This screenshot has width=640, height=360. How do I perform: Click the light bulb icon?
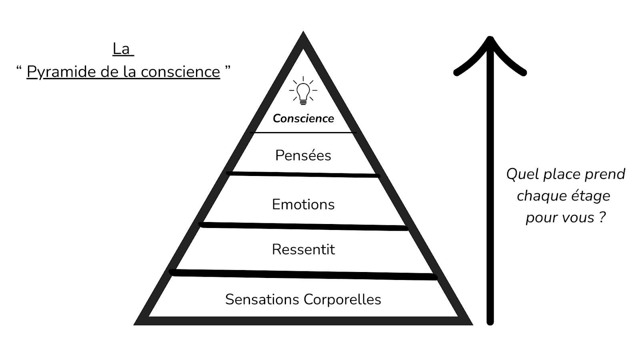(303, 91)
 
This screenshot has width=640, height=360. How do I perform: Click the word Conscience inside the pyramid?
(303, 118)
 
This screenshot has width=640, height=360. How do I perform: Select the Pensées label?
(303, 155)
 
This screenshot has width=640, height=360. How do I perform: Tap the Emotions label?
(303, 204)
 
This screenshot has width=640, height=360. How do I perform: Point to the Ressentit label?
(303, 249)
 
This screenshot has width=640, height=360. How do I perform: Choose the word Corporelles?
(342, 299)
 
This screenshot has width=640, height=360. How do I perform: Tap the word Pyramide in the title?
(62, 72)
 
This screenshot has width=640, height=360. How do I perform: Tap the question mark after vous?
(602, 218)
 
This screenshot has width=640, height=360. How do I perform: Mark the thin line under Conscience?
(303, 132)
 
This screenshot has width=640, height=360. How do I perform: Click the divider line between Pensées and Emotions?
(303, 174)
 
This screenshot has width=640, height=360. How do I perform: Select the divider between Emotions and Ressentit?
(303, 226)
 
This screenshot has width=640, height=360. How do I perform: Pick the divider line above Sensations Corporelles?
(303, 274)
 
